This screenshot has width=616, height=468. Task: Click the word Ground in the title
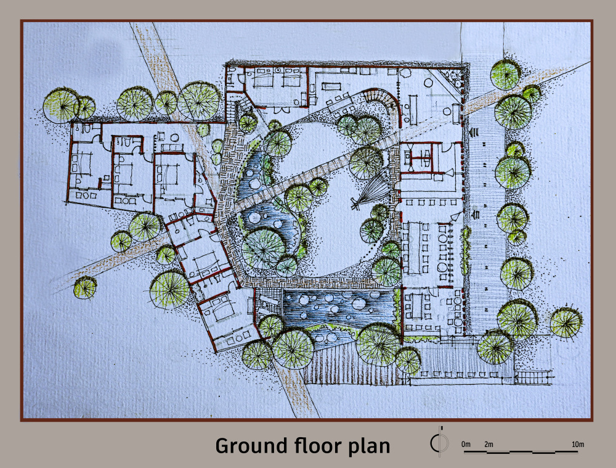tap(251, 446)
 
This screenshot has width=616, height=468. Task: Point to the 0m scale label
tap(466, 444)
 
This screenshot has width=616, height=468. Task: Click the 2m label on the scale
tap(488, 444)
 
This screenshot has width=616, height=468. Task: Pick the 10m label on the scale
tap(578, 444)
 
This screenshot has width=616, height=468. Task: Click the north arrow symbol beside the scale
tap(439, 442)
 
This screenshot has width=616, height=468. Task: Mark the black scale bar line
tap(521, 452)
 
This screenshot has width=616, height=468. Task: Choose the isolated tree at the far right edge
tap(565, 322)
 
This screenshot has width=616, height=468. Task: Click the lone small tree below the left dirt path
tap(85, 287)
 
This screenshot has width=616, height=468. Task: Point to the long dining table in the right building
tap(414, 248)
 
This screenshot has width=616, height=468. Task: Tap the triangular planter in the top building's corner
tap(452, 79)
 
